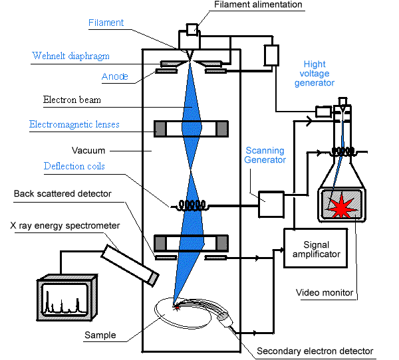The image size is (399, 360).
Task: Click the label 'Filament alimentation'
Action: [258, 5]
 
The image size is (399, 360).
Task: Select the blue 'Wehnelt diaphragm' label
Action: [71, 56]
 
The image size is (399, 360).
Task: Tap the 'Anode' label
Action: [115, 76]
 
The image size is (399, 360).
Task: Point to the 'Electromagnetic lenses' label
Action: [74, 124]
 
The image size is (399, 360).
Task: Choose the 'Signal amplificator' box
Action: [315, 248]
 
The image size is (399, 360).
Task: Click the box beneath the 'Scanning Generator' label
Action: [271, 203]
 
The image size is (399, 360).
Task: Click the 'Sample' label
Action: [100, 335]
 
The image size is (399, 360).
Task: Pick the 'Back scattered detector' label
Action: [63, 193]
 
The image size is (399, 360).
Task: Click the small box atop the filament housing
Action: [192, 29]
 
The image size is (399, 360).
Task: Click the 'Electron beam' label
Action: [72, 100]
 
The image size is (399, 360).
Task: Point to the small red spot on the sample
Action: [176, 306]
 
